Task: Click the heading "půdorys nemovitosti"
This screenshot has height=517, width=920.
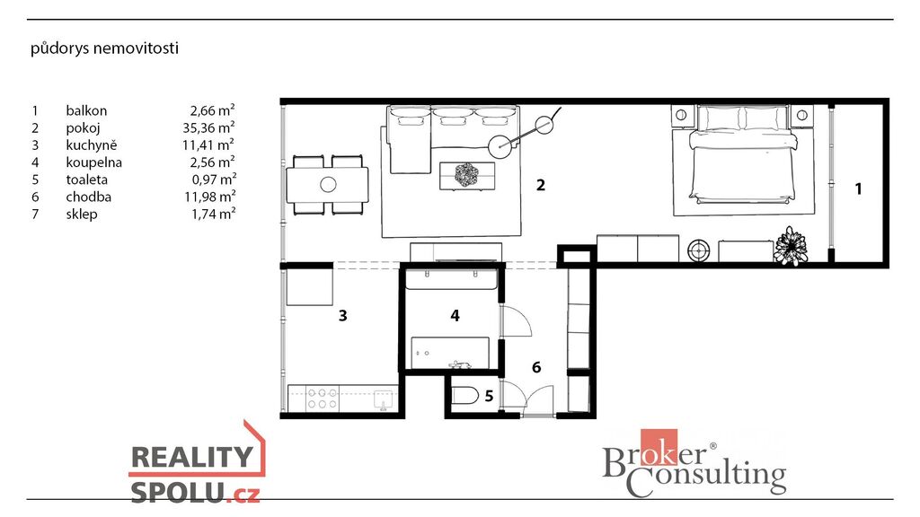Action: click(104, 48)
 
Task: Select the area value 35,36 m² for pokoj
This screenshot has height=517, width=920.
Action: click(208, 127)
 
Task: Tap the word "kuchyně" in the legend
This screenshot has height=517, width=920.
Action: click(92, 145)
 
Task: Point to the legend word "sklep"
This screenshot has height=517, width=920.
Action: click(82, 214)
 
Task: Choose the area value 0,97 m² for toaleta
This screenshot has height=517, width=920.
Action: click(214, 180)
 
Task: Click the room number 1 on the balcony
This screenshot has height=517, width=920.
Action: click(858, 188)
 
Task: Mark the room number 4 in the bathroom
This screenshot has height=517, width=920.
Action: click(455, 315)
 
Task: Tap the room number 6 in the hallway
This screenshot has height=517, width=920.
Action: click(536, 367)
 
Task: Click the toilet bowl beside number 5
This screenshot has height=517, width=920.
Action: click(465, 396)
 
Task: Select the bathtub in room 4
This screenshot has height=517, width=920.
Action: click(450, 353)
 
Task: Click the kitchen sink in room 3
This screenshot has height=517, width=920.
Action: click(384, 399)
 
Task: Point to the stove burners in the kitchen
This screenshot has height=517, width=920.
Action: click(323, 399)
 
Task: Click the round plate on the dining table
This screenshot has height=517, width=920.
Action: click(328, 185)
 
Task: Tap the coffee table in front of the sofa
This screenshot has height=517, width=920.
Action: click(467, 176)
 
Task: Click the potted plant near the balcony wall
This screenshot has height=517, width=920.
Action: click(791, 247)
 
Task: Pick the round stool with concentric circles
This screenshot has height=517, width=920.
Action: click(698, 251)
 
